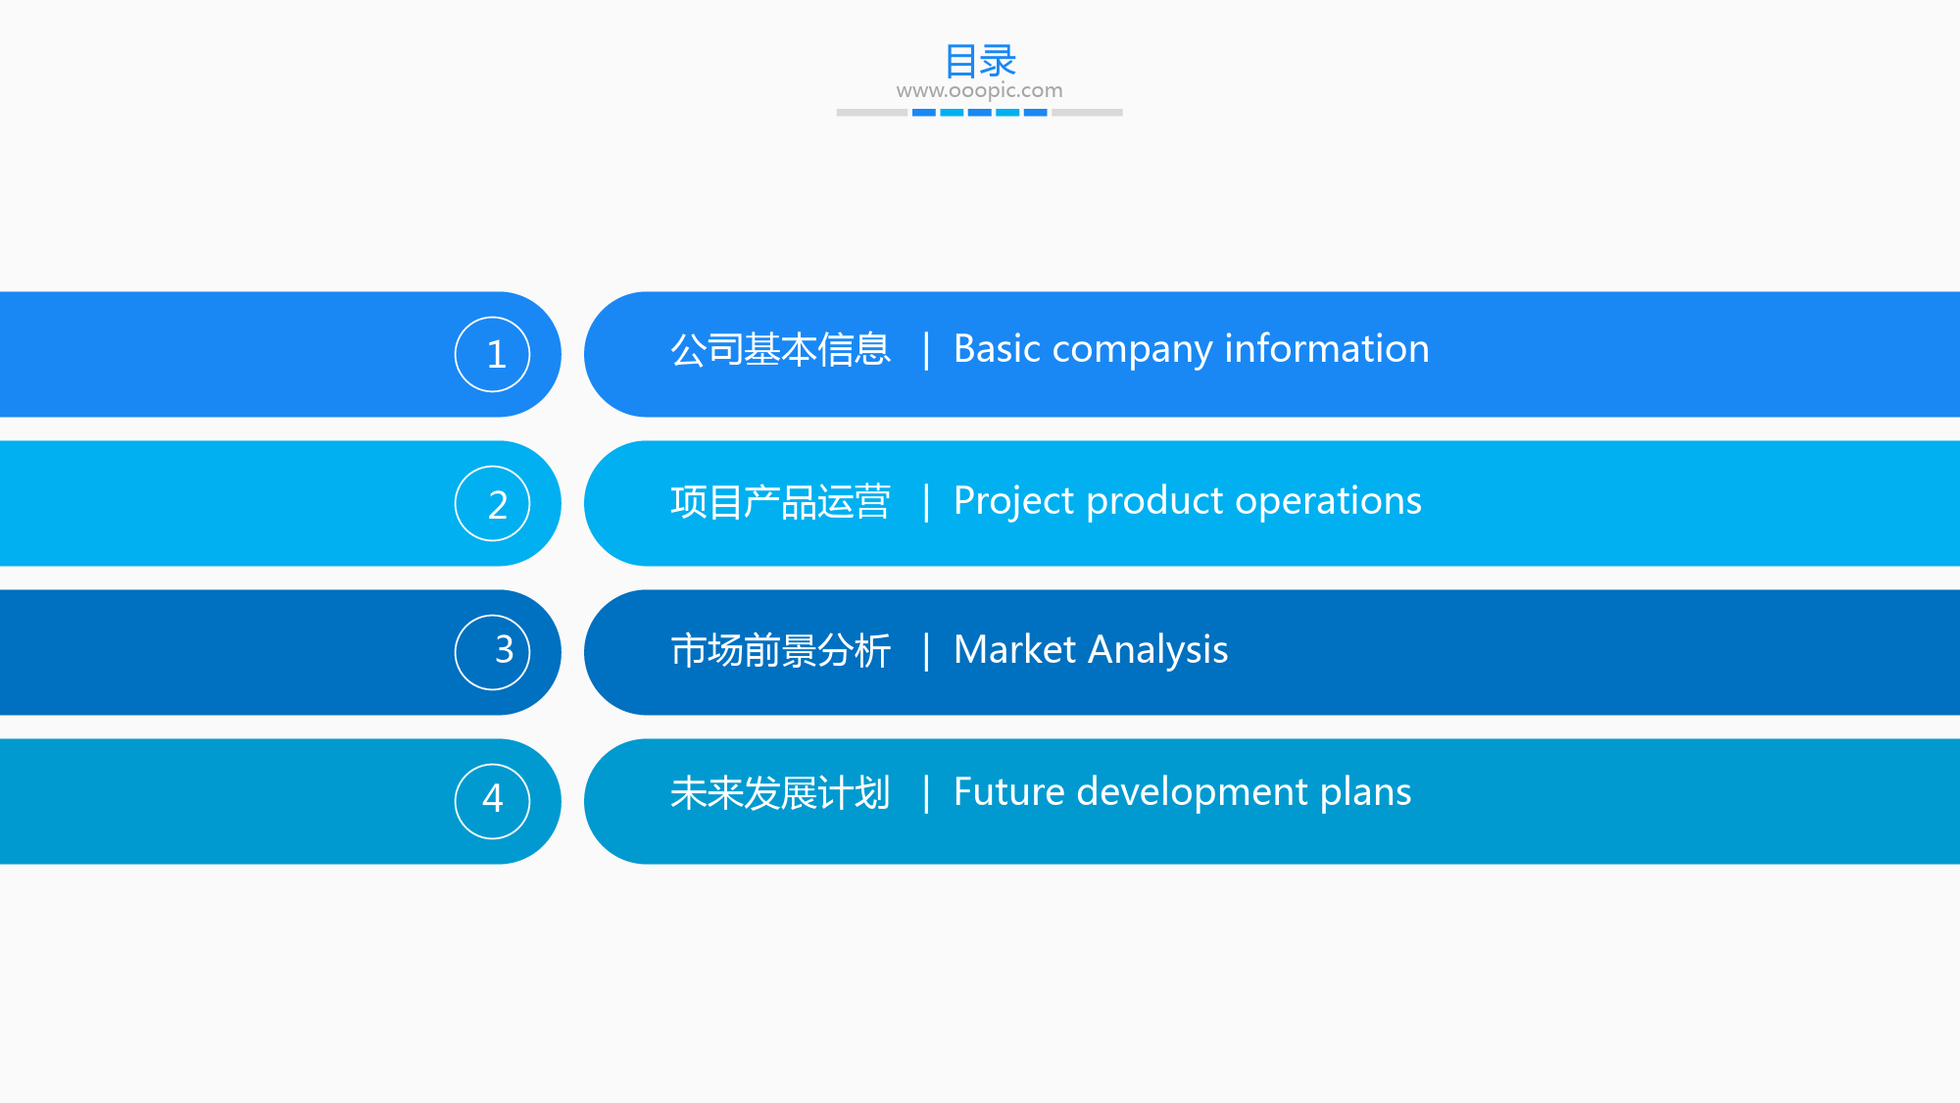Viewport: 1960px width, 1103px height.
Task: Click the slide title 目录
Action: [x=980, y=61]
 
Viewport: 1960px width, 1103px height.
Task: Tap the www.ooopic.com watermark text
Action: [x=979, y=90]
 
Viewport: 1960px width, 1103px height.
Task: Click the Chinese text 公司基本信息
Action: [x=780, y=349]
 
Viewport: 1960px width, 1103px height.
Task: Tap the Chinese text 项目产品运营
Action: [x=780, y=501]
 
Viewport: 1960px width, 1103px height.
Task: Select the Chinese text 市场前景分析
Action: [x=780, y=650]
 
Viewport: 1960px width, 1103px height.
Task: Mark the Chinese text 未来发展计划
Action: [x=780, y=792]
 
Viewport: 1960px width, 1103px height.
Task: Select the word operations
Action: [x=1328, y=502]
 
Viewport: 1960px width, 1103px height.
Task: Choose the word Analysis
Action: [x=1158, y=650]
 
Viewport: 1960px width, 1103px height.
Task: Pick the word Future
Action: [x=1009, y=791]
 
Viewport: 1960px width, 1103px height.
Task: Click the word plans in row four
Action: [x=1366, y=792]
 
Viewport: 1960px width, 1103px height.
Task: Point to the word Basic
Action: [x=998, y=348]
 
